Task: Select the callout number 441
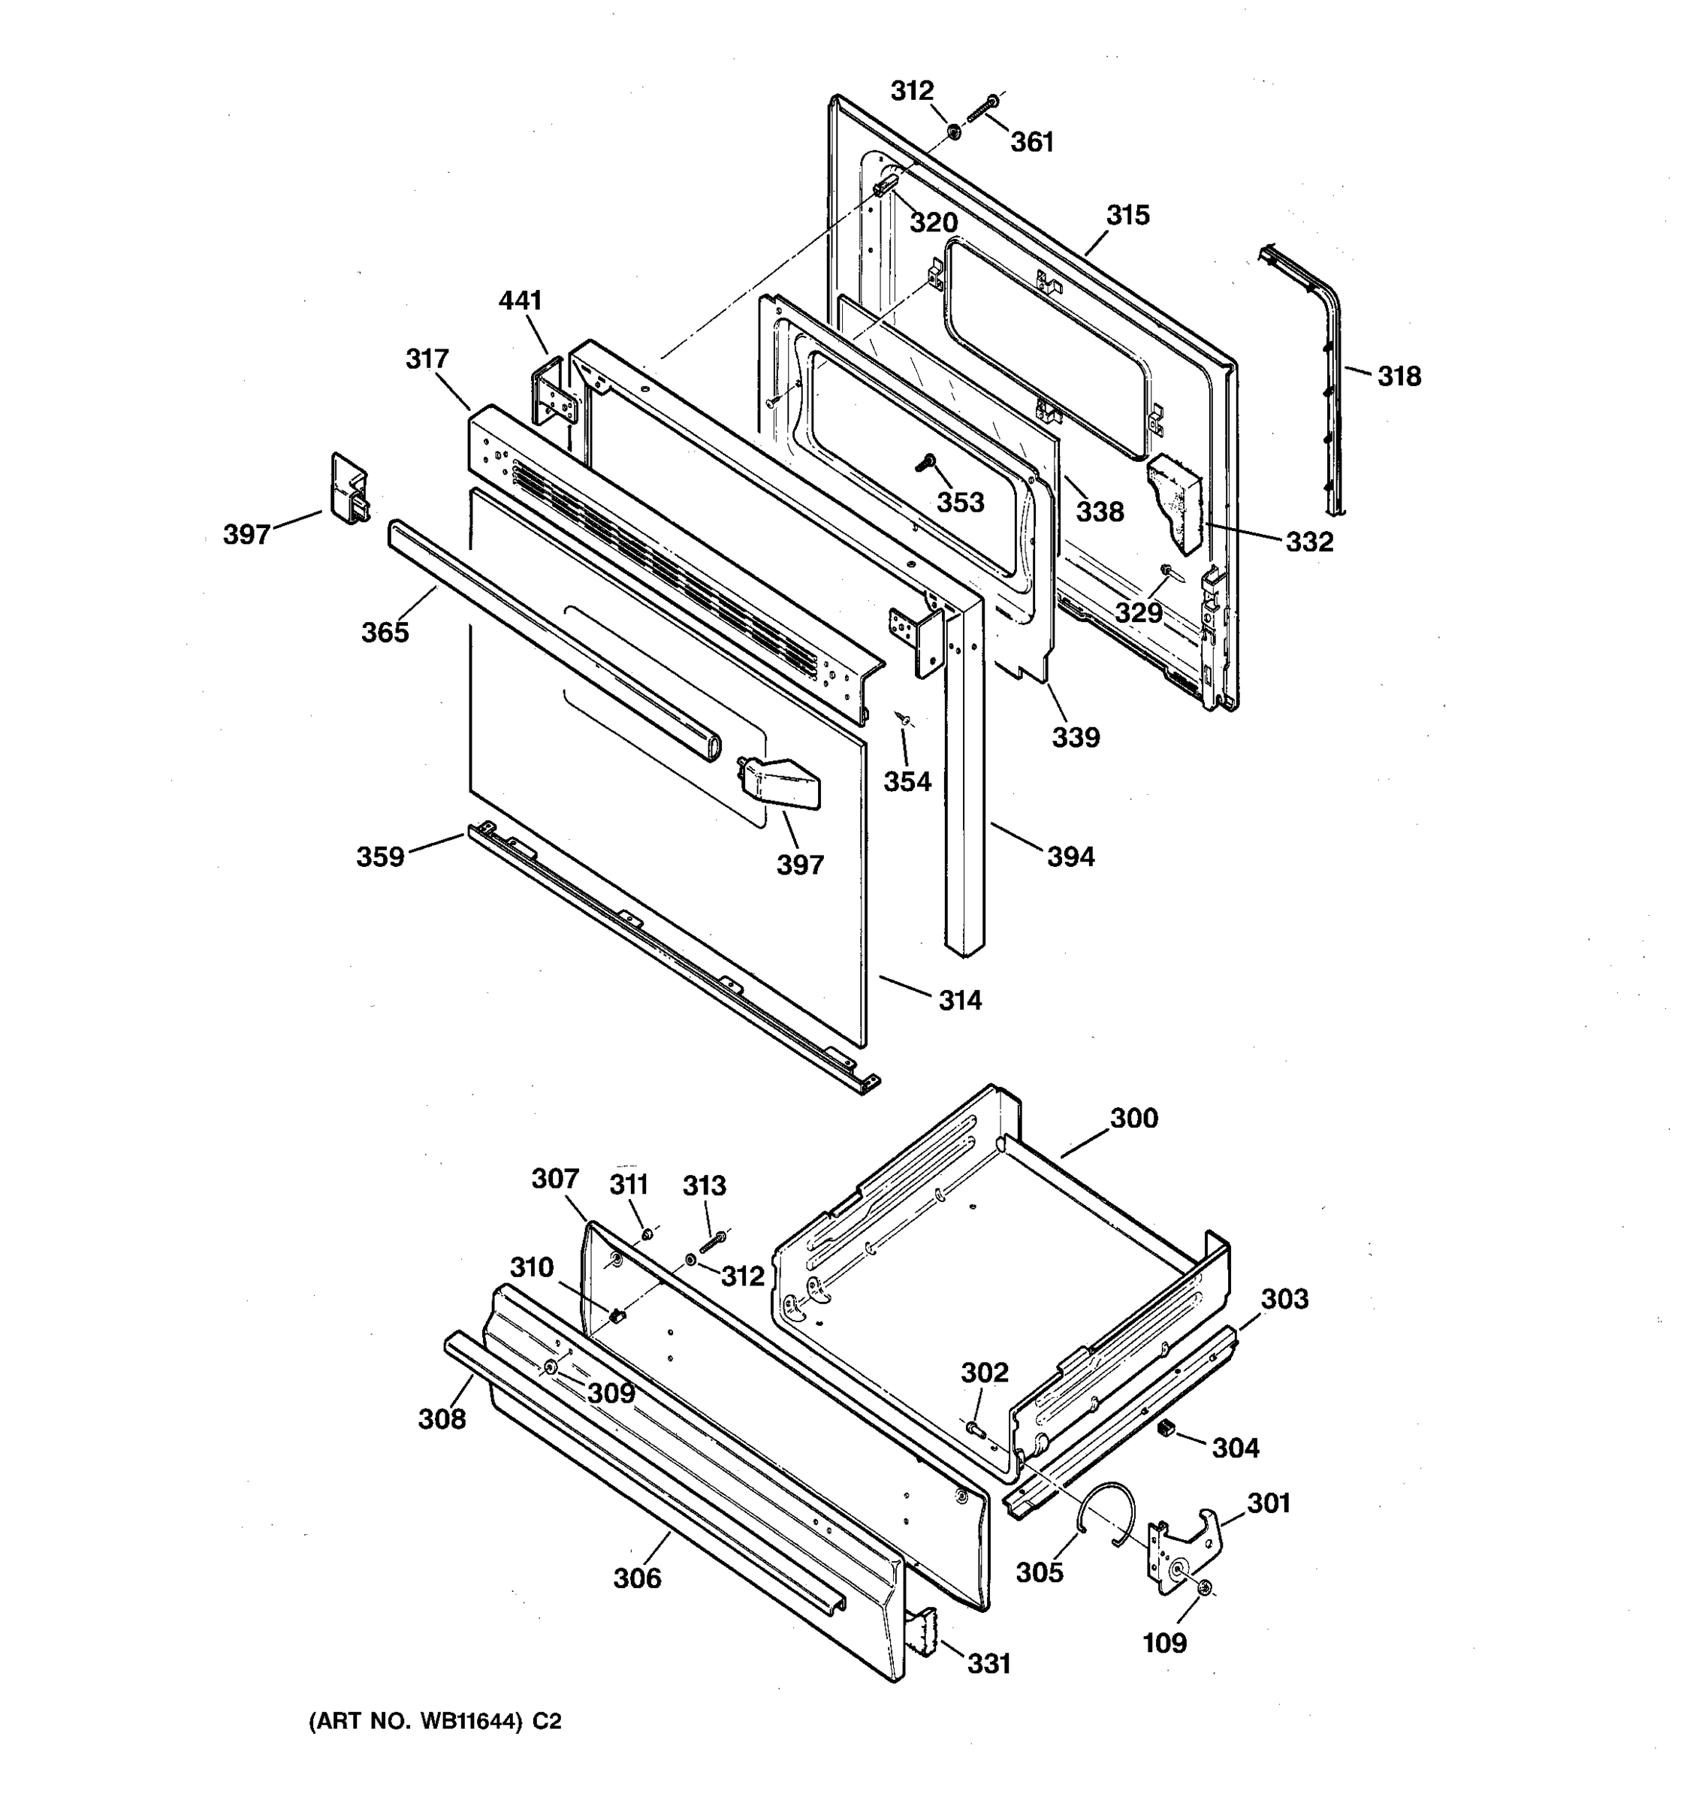coord(521,301)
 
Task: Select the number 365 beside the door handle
coord(385,632)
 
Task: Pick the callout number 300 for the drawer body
coord(1134,1119)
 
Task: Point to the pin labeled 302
coord(976,1428)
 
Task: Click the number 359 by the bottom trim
coord(380,856)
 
